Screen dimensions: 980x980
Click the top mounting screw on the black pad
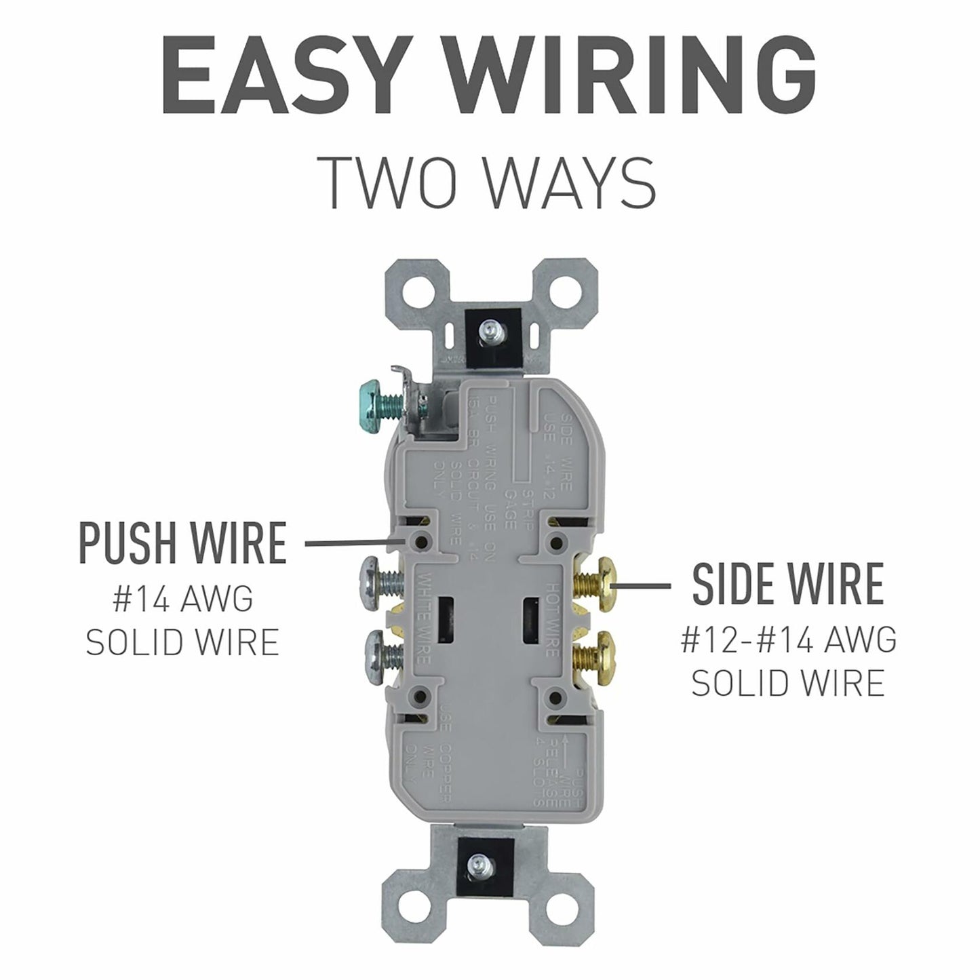click(x=486, y=332)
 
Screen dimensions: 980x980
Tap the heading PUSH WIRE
click(x=183, y=543)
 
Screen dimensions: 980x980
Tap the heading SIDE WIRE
click(x=788, y=584)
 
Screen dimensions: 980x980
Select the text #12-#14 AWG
click(x=788, y=640)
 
